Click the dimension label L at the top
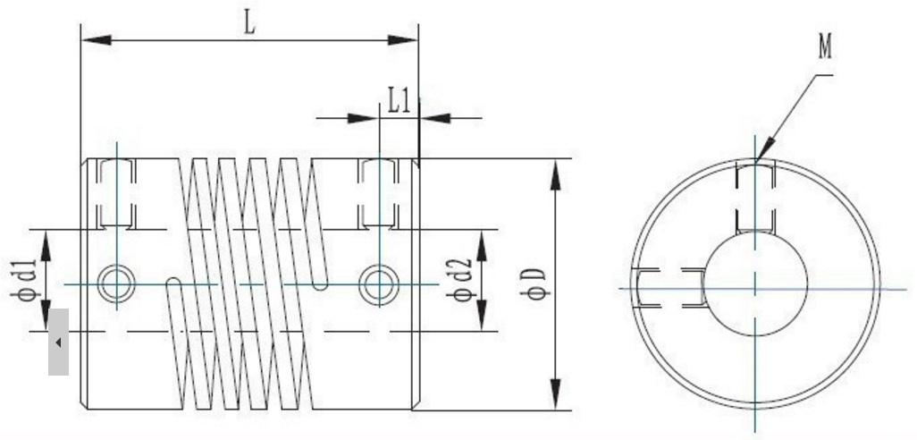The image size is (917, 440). (250, 22)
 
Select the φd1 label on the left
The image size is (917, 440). (28, 280)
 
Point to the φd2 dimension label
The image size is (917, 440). (461, 280)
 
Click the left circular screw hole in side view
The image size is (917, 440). (115, 284)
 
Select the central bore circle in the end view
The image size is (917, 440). (755, 283)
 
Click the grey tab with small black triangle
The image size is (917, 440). (58, 342)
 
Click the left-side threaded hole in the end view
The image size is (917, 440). (670, 289)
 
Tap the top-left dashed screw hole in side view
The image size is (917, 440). (115, 193)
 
